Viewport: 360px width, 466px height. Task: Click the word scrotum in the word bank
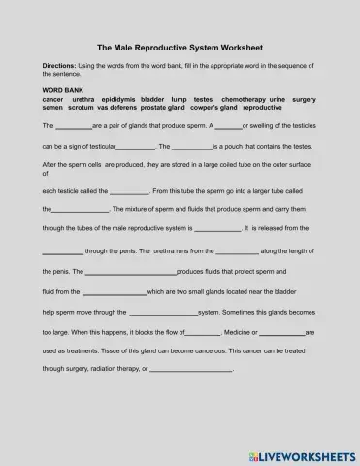click(86, 107)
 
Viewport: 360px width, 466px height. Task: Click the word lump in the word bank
click(178, 98)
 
